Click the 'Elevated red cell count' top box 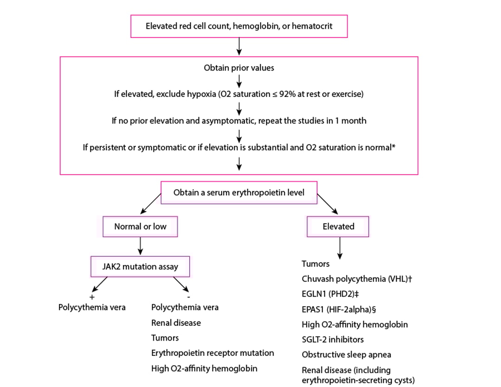[239, 26]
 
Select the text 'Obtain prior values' [239, 68]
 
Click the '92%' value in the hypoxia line [305, 94]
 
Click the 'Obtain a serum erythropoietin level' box [239, 192]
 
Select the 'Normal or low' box [140, 226]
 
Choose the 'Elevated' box [338, 226]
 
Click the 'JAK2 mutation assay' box [140, 267]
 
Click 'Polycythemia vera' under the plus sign [92, 307]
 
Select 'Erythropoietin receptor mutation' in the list [212, 353]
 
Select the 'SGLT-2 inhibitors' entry [333, 340]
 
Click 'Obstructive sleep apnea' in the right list [346, 355]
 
